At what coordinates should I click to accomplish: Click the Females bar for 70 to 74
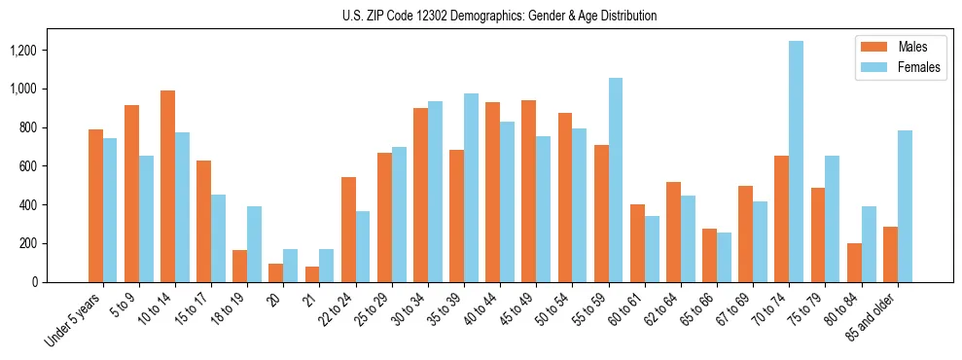pos(796,162)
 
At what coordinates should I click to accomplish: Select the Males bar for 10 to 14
pos(168,186)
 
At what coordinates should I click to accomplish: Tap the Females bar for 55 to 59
pos(615,180)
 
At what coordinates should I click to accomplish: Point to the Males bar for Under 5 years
pos(95,205)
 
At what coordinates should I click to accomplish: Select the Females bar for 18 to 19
pos(254,244)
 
